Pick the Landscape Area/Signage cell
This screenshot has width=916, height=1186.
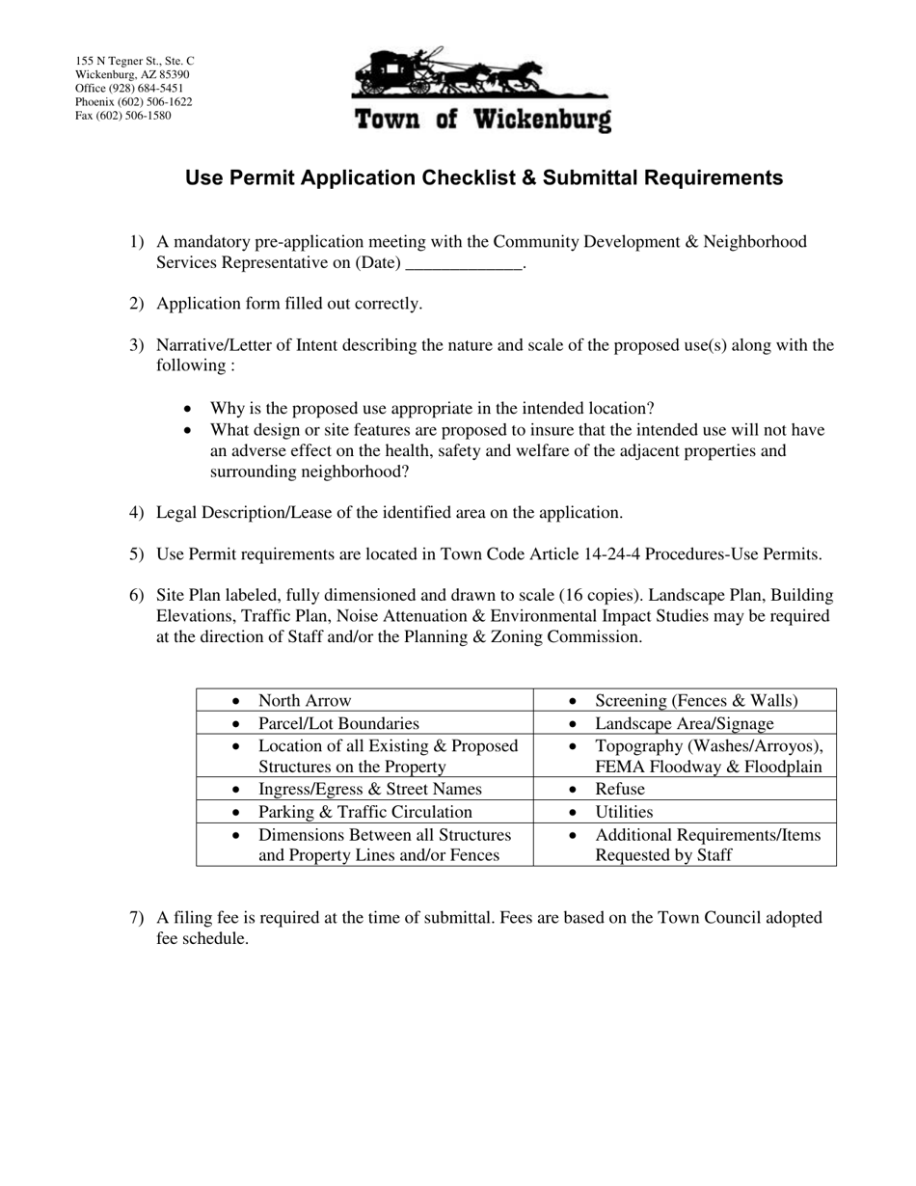(685, 723)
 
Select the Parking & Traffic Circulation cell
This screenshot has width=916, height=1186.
(364, 812)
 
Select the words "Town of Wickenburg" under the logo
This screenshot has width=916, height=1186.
(482, 120)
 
